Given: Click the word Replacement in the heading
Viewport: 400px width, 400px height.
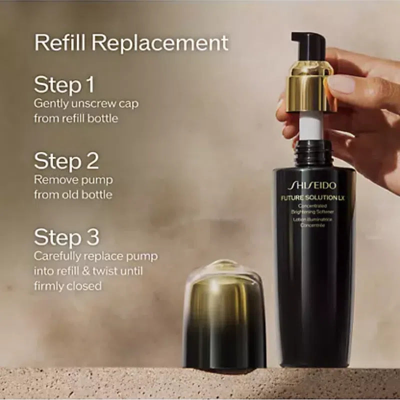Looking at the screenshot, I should pyautogui.click(x=160, y=43).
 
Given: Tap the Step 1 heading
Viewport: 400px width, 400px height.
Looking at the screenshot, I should pyautogui.click(x=64, y=85).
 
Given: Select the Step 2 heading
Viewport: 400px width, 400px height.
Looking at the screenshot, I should pyautogui.click(x=66, y=161).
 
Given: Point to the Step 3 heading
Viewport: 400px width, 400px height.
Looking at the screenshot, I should pyautogui.click(x=66, y=237).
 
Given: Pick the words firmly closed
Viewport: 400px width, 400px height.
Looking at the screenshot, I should pyautogui.click(x=67, y=286).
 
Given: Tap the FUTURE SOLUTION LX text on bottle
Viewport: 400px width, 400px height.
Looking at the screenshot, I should pyautogui.click(x=313, y=197).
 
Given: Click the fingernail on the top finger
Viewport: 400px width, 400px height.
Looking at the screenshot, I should pyautogui.click(x=341, y=83).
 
